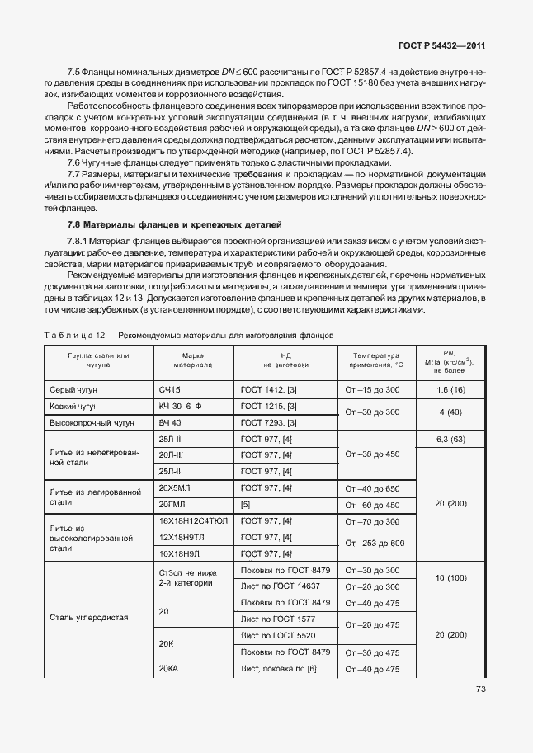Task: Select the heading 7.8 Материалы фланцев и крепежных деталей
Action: (x=174, y=224)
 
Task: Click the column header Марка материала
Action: (x=192, y=359)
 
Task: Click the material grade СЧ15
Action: (x=169, y=388)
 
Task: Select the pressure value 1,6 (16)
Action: (x=451, y=388)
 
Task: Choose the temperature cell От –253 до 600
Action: (x=375, y=544)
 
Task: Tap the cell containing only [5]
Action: (x=245, y=505)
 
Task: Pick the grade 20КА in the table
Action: (x=168, y=669)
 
